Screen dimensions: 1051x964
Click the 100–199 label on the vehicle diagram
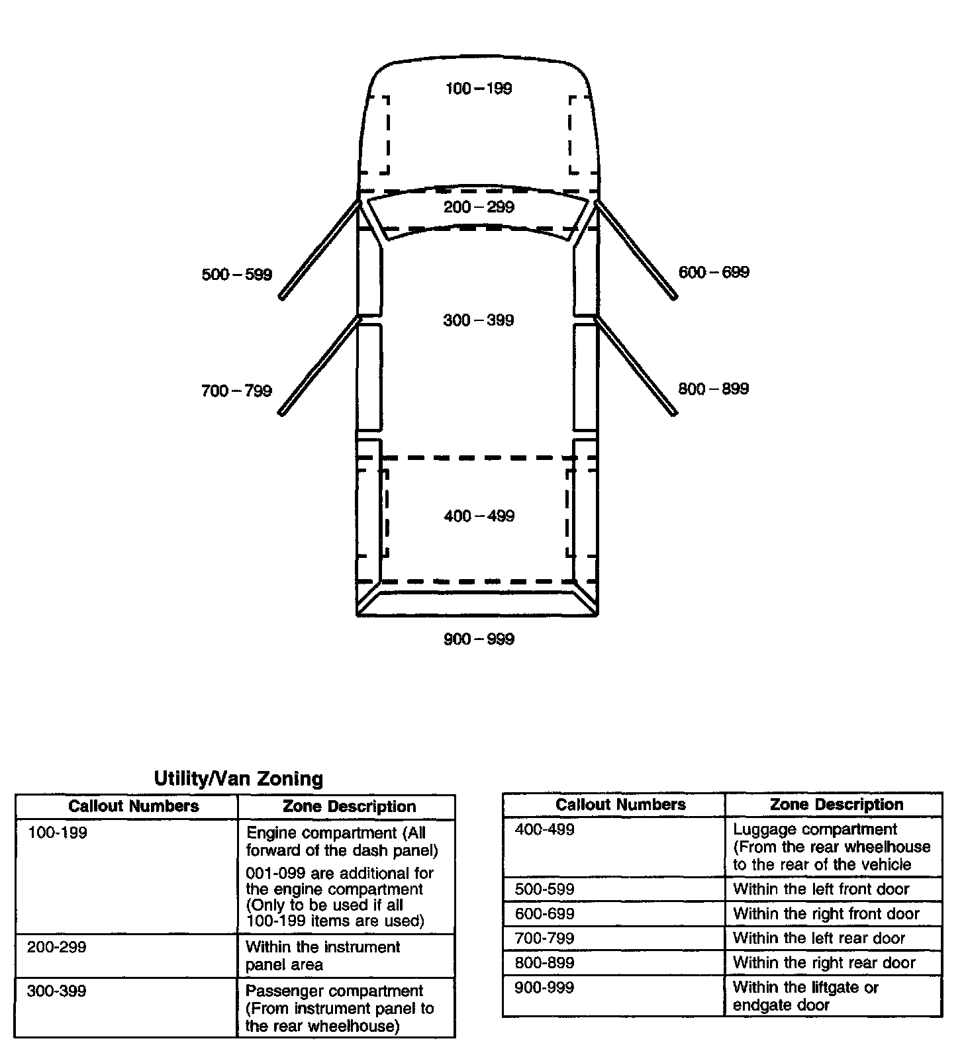pos(478,89)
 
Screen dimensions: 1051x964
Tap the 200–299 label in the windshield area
pos(478,207)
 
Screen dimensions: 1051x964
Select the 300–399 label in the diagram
pos(478,320)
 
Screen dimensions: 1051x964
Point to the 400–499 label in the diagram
pos(479,516)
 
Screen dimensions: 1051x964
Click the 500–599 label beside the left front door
pos(236,275)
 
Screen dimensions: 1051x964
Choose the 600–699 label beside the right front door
pos(714,272)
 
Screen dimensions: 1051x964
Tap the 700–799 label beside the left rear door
pos(236,391)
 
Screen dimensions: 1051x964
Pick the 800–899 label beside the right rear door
pos(714,388)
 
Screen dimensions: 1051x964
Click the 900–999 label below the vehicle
pos(479,639)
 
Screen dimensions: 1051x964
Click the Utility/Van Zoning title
pos(238,778)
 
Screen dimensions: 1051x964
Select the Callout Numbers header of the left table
pos(133,806)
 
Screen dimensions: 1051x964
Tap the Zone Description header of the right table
pos(836,805)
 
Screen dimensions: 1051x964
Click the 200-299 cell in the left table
pos(57,947)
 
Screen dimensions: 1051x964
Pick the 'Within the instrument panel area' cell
pos(322,956)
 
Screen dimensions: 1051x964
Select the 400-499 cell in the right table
pos(544,830)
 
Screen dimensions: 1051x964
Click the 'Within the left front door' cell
pos(821,889)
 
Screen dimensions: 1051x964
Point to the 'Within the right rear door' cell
pos(824,963)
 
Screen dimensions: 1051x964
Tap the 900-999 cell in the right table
pos(544,987)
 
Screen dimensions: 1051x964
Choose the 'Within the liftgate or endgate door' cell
pos(805,996)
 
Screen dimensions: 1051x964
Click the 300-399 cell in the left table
pos(57,991)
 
